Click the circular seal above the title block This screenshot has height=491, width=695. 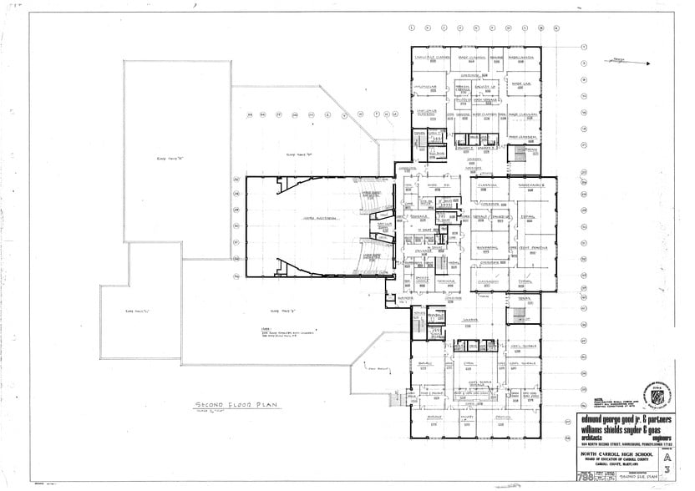click(652, 392)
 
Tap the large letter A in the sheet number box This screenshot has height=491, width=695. click(667, 457)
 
